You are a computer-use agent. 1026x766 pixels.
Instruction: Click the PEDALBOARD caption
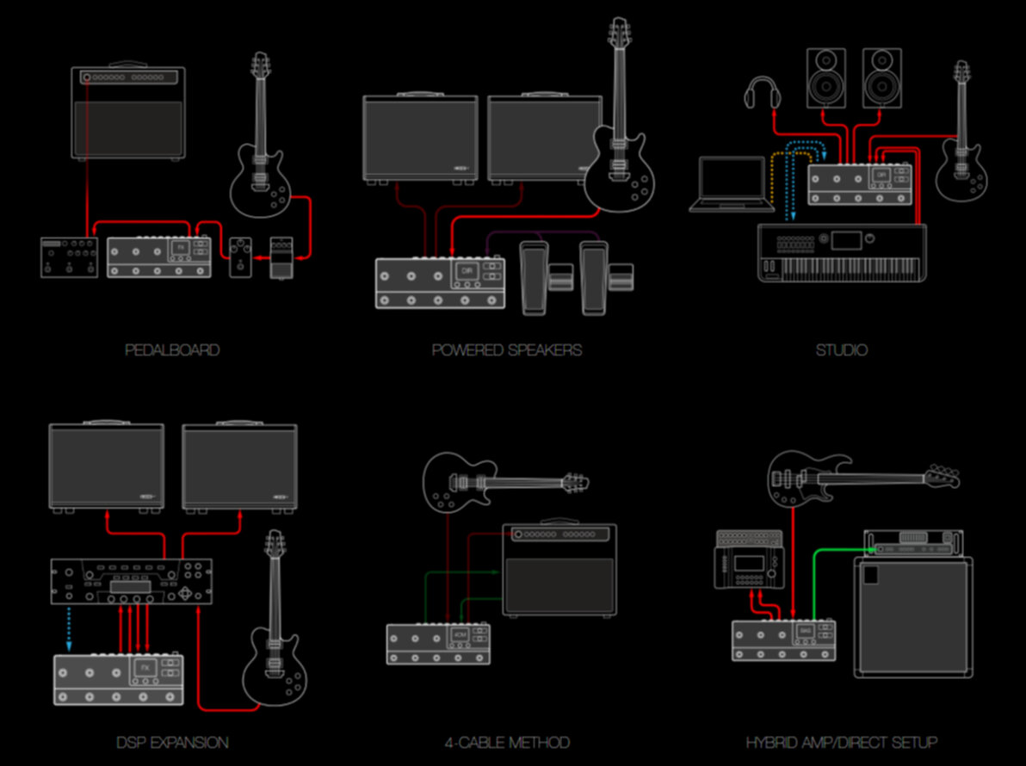pos(172,350)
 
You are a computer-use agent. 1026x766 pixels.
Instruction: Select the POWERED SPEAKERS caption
pos(507,350)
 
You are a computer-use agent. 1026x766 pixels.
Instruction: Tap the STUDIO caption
pos(841,350)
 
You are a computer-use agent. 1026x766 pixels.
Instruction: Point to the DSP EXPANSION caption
pos(172,742)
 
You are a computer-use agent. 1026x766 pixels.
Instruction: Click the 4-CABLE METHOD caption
pos(507,742)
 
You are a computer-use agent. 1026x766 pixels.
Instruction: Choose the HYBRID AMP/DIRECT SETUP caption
pos(841,742)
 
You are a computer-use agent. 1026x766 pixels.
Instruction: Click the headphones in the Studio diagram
pos(762,92)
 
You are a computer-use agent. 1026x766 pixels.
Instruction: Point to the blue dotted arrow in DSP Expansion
pos(71,627)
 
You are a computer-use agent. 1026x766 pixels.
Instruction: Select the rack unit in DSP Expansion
pos(131,581)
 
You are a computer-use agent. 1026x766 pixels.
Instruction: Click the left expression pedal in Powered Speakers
pos(539,277)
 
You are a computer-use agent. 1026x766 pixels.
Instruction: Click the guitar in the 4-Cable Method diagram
pos(482,484)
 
